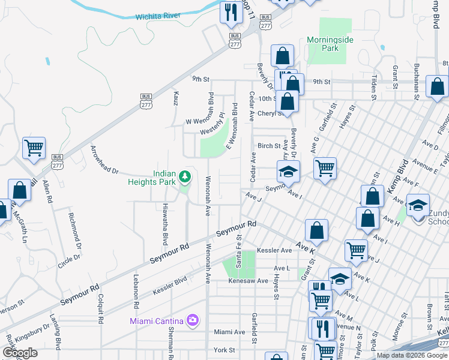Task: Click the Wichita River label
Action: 158,16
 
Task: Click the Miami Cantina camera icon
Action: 192,320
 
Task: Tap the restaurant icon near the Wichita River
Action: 230,12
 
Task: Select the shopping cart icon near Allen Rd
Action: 34,148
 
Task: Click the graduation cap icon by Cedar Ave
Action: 288,172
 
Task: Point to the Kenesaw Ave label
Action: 247,280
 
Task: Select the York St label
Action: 224,349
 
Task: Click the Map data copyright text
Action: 412,355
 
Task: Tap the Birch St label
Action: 269,146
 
